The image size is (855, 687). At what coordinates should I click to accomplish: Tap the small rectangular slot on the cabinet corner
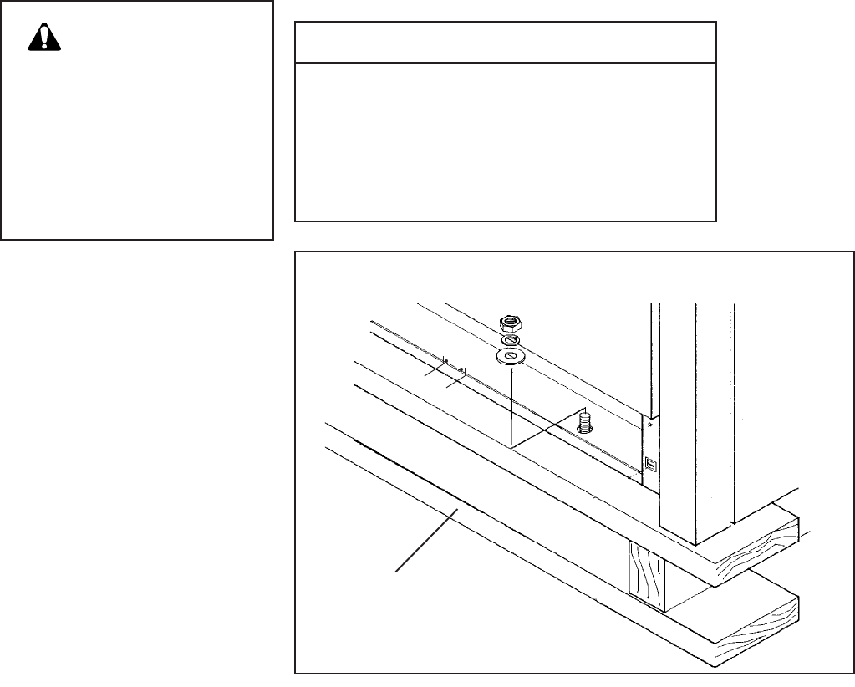(x=650, y=461)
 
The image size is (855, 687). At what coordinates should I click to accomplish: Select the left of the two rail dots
(x=445, y=361)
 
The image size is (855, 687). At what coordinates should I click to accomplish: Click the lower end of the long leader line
(x=397, y=570)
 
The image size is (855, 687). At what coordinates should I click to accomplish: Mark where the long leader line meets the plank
(x=456, y=508)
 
